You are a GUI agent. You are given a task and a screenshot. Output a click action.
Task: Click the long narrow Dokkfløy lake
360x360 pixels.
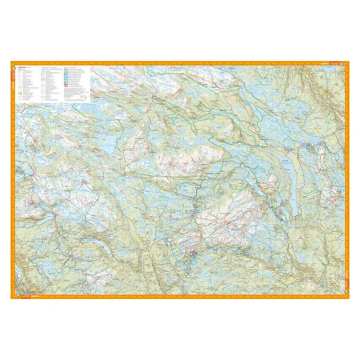293,191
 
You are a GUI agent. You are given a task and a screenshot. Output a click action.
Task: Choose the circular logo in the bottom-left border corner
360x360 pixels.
13,296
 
